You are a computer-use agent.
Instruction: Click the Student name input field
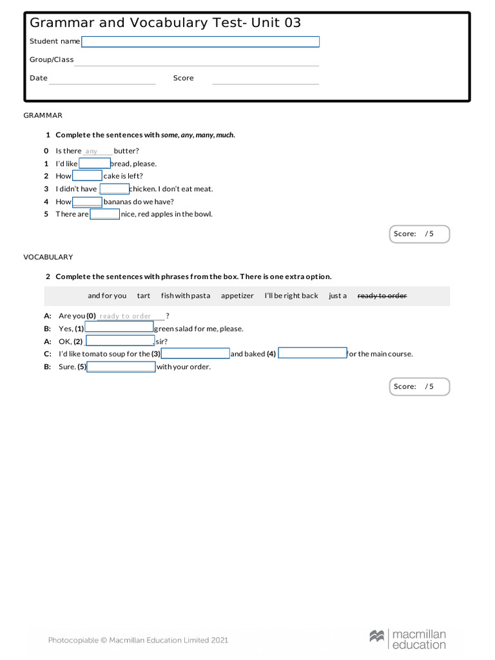click(x=200, y=42)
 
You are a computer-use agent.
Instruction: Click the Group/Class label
click(x=52, y=60)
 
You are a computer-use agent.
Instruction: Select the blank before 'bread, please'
click(x=94, y=164)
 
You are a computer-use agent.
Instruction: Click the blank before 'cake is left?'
click(x=87, y=176)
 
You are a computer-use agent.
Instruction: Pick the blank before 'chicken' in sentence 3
click(x=114, y=189)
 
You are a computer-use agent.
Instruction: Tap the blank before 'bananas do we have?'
click(x=87, y=202)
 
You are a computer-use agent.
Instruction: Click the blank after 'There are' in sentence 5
click(x=104, y=214)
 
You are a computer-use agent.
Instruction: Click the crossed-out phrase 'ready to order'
click(x=382, y=296)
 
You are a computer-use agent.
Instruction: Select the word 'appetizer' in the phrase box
click(x=237, y=296)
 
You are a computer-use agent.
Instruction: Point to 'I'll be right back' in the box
click(x=291, y=296)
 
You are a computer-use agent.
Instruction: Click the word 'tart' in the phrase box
click(x=144, y=296)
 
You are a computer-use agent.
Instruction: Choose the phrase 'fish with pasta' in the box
click(x=186, y=296)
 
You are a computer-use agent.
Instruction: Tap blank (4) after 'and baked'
click(x=312, y=353)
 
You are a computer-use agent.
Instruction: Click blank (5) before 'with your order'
click(x=121, y=367)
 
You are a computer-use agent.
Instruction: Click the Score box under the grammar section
click(x=420, y=234)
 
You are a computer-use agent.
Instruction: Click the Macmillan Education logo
click(x=407, y=639)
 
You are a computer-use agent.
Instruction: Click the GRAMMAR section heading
click(x=43, y=115)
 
